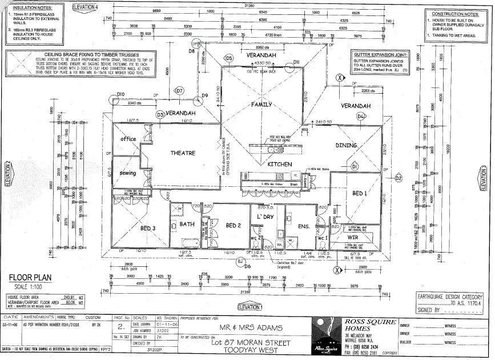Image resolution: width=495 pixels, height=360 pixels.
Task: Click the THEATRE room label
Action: [183, 153]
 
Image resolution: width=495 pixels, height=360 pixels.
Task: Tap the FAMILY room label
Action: [263, 105]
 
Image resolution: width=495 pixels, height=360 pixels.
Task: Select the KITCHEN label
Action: [280, 165]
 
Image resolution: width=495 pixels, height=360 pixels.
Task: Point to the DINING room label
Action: [346, 145]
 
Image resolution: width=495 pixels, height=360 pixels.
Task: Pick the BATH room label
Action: [188, 224]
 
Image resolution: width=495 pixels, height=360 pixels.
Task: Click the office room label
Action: [128, 139]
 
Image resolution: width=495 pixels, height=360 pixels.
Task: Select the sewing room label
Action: [128, 173]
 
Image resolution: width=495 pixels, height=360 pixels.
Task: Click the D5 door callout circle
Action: [228, 58]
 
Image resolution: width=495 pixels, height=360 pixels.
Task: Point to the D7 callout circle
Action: [179, 91]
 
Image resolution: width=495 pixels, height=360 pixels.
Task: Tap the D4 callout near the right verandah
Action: [360, 117]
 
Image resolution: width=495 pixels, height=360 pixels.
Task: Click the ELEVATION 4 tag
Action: [93, 6]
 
